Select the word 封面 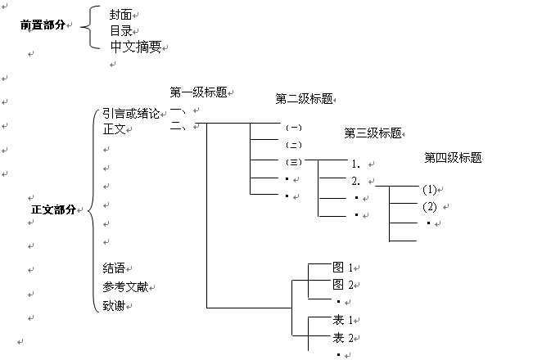pyautogui.click(x=122, y=15)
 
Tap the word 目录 pyautogui.click(x=122, y=30)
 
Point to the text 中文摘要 pyautogui.click(x=135, y=46)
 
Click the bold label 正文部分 pyautogui.click(x=53, y=209)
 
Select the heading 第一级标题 pyautogui.click(x=197, y=92)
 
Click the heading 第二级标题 pyautogui.click(x=304, y=99)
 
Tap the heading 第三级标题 pyautogui.click(x=373, y=133)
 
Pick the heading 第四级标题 pyautogui.click(x=453, y=157)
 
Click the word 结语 pyautogui.click(x=115, y=268)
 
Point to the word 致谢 pyautogui.click(x=115, y=306)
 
